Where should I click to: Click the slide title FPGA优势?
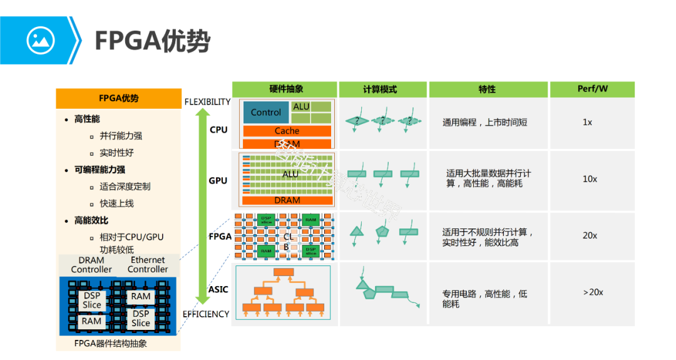pyautogui.click(x=152, y=41)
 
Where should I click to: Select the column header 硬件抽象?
pyautogui.click(x=285, y=90)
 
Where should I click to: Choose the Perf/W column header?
pyautogui.click(x=591, y=90)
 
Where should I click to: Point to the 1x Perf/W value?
pyautogui.click(x=587, y=123)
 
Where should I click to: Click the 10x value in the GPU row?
pyautogui.click(x=590, y=179)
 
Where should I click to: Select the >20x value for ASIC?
pyautogui.click(x=593, y=292)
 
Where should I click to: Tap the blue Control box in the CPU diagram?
pyautogui.click(x=266, y=113)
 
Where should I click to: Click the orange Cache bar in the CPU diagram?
pyautogui.click(x=287, y=131)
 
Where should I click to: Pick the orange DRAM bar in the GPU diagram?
pyautogui.click(x=287, y=200)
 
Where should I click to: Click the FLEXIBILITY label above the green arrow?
pyautogui.click(x=207, y=102)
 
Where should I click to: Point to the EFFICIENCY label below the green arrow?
pyautogui.click(x=206, y=314)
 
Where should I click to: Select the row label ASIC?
pyautogui.click(x=218, y=290)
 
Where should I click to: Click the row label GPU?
pyautogui.click(x=218, y=181)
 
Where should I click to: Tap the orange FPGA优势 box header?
pyautogui.click(x=118, y=98)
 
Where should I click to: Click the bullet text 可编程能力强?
pyautogui.click(x=100, y=170)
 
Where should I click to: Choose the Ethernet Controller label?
pyautogui.click(x=148, y=265)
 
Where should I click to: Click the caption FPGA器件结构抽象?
pyautogui.click(x=111, y=343)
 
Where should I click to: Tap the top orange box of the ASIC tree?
pyautogui.click(x=284, y=272)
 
